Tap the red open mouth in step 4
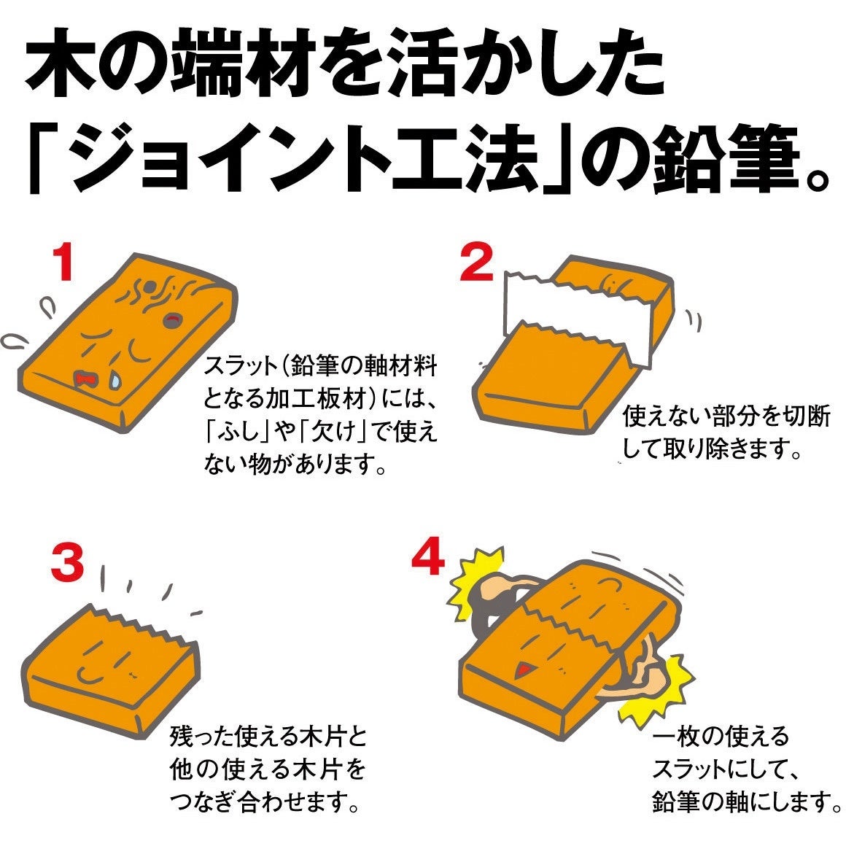pos(522,667)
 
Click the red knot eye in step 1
pos(173,319)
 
